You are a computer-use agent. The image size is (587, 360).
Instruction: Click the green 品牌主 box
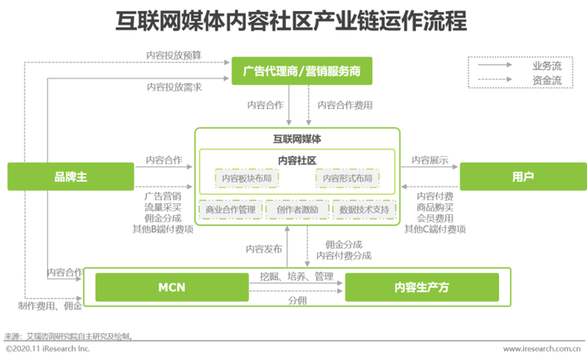point(70,176)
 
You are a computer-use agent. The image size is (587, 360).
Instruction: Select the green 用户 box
point(523,176)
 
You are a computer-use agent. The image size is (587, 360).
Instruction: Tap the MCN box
point(172,287)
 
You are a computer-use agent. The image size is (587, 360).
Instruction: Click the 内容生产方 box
point(422,287)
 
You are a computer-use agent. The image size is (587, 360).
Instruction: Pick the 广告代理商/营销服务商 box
point(302,70)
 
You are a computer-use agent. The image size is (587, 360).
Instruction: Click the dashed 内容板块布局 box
point(247,178)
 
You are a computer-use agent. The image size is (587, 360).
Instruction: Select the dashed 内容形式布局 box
point(347,178)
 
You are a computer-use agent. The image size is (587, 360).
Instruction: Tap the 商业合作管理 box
point(231,210)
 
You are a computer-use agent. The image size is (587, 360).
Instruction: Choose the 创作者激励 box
point(297,210)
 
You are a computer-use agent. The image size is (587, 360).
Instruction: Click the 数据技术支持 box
point(364,210)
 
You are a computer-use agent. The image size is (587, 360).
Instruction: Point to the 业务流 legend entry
point(547,66)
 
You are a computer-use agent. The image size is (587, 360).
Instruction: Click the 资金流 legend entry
point(547,81)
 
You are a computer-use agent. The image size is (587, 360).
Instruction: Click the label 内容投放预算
point(174,55)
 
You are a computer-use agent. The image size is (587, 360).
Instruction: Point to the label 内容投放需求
point(174,87)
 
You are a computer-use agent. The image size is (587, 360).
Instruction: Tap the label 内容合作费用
point(345,105)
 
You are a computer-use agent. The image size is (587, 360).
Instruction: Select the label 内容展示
point(429,160)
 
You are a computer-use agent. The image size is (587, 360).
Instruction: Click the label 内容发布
point(264,249)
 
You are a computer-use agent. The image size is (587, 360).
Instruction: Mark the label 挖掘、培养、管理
point(297,277)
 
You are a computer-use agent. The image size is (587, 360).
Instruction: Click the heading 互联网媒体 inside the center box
point(297,139)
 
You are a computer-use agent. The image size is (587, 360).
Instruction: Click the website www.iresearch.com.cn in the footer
point(542,349)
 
